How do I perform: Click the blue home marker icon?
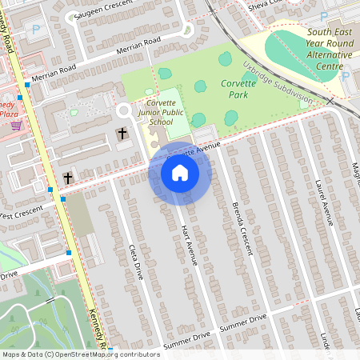click(179, 173)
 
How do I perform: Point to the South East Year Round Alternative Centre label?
click(328, 48)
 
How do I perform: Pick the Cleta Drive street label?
click(135, 261)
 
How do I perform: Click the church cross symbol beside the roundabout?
click(122, 133)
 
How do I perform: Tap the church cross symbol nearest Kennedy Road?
click(68, 177)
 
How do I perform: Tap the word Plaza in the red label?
click(10, 114)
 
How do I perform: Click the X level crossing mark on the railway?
click(330, 101)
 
